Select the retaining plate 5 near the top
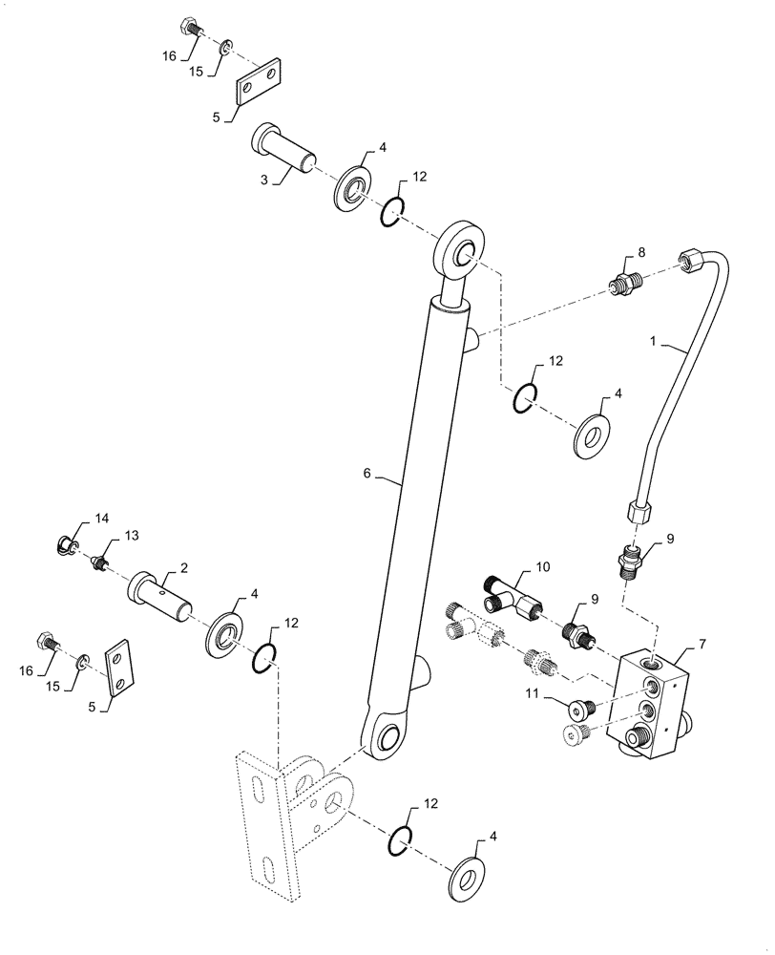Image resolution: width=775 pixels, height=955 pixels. [258, 81]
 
